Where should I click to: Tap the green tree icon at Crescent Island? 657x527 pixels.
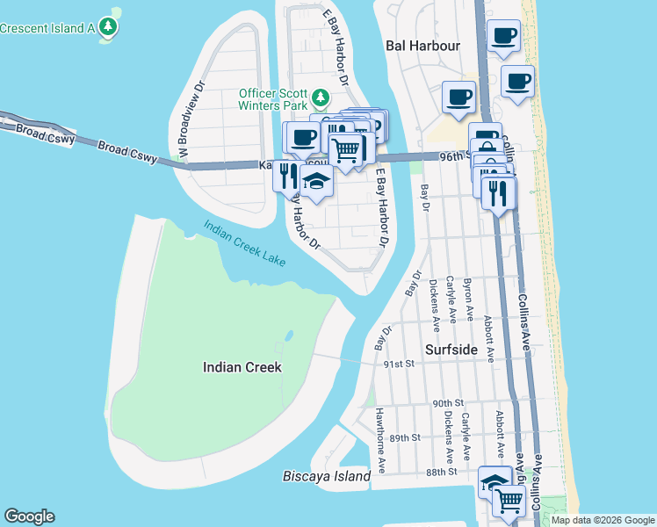109,27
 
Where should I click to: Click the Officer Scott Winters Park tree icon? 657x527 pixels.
321,97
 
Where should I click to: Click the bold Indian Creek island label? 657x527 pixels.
242,367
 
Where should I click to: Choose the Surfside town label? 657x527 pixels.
451,350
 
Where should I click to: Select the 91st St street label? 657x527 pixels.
398,363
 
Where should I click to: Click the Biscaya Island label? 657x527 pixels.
327,476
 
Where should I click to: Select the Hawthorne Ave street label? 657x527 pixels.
381,436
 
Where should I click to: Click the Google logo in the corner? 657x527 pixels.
29,516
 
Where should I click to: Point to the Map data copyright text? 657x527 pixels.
603,520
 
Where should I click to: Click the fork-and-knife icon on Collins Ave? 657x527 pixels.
498,192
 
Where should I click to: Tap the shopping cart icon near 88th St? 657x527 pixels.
509,501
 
